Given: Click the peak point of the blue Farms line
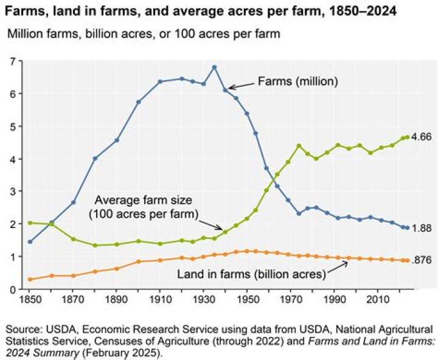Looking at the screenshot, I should pyautogui.click(x=214, y=67).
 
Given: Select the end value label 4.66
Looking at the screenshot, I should pyautogui.click(x=422, y=137).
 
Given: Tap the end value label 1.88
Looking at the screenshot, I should pyautogui.click(x=422, y=228).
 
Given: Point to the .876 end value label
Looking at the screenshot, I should pyautogui.click(x=422, y=260).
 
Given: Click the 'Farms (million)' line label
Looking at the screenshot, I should pyautogui.click(x=298, y=81).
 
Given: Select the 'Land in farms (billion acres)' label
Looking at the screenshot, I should pyautogui.click(x=251, y=274).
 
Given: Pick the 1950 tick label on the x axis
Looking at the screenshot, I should pyautogui.click(x=247, y=301).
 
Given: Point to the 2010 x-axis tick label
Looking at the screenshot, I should pyautogui.click(x=377, y=301).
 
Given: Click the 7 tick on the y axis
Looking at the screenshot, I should pyautogui.click(x=12, y=61).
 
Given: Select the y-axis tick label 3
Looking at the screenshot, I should pyautogui.click(x=12, y=192).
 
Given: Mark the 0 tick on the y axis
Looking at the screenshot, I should pyautogui.click(x=12, y=289).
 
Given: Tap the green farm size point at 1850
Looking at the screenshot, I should pyautogui.click(x=30, y=223).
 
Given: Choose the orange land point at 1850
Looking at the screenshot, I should pyautogui.click(x=30, y=279).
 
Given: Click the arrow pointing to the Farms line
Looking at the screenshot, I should pyautogui.click(x=241, y=85).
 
